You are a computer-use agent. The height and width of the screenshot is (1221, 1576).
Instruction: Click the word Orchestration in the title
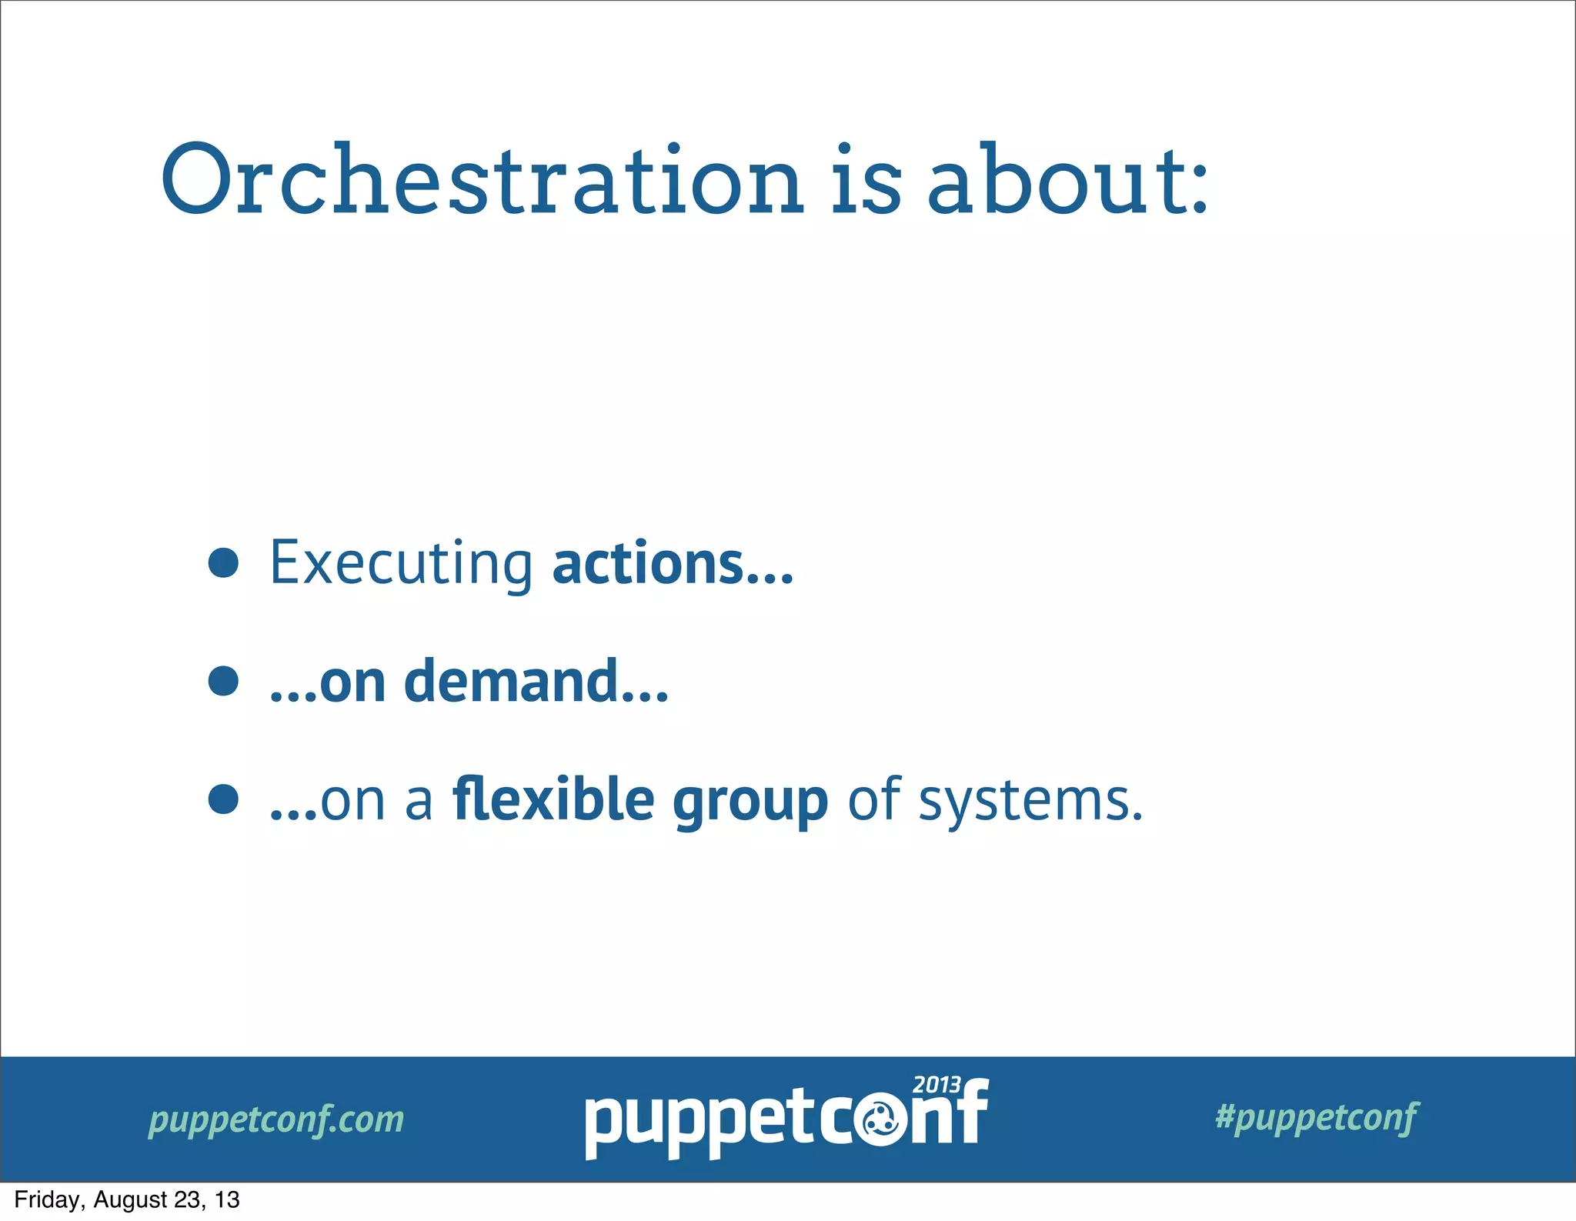[x=482, y=181]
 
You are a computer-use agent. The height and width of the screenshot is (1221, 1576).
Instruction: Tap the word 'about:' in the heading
[x=1068, y=181]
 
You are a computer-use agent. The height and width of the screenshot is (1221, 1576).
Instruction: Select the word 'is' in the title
[x=865, y=181]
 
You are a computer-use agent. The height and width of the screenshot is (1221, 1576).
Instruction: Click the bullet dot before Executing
[x=223, y=562]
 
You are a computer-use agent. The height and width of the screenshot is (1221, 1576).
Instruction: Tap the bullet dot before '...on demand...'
[x=223, y=681]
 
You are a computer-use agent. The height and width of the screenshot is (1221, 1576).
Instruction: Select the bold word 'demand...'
[x=536, y=682]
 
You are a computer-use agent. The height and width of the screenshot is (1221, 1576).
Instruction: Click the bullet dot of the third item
[x=223, y=799]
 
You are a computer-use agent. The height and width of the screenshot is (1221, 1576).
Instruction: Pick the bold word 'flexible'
[x=553, y=799]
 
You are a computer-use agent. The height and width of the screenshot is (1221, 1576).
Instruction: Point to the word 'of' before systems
[x=874, y=799]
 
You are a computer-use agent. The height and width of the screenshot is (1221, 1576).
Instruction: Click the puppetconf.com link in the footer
[x=275, y=1119]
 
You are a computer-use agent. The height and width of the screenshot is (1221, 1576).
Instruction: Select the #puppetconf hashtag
[x=1316, y=1117]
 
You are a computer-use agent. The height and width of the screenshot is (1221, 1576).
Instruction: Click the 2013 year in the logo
[x=937, y=1085]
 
